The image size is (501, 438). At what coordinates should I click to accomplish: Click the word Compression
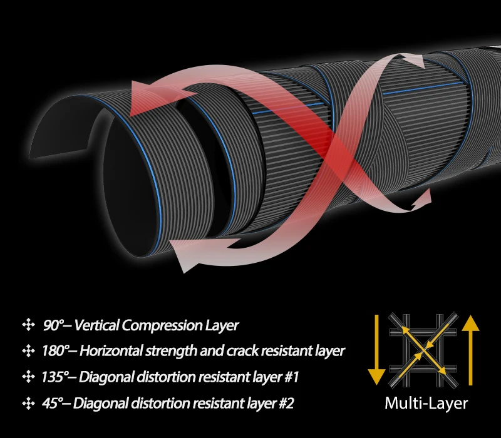(x=162, y=326)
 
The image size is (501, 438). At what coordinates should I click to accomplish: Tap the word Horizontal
(x=111, y=351)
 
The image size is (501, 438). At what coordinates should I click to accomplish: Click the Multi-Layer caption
(x=426, y=403)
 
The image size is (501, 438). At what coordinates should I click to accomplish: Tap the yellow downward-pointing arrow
(x=376, y=349)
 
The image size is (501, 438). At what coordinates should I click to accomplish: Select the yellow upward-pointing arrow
(x=470, y=350)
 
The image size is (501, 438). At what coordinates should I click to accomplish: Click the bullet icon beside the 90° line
(x=28, y=325)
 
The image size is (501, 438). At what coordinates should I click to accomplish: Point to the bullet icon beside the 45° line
(x=28, y=403)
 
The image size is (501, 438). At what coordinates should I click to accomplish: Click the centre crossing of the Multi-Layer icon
(x=423, y=350)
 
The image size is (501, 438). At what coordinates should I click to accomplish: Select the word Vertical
(x=97, y=325)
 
